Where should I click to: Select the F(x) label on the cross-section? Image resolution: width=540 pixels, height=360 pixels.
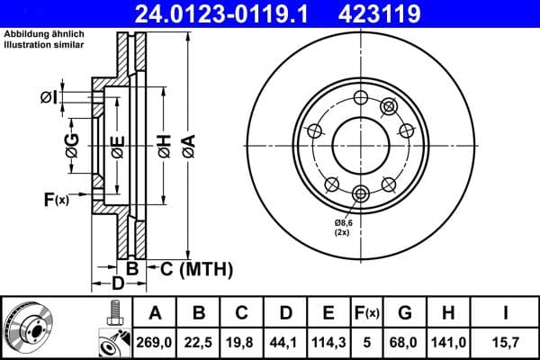55,199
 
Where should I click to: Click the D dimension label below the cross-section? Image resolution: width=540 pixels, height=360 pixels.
117,284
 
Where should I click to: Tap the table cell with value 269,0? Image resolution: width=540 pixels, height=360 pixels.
156,341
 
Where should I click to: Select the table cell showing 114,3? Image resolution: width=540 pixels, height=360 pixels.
328,341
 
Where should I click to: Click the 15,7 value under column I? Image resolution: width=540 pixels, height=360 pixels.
505,341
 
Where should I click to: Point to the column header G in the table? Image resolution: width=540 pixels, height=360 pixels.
406,313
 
